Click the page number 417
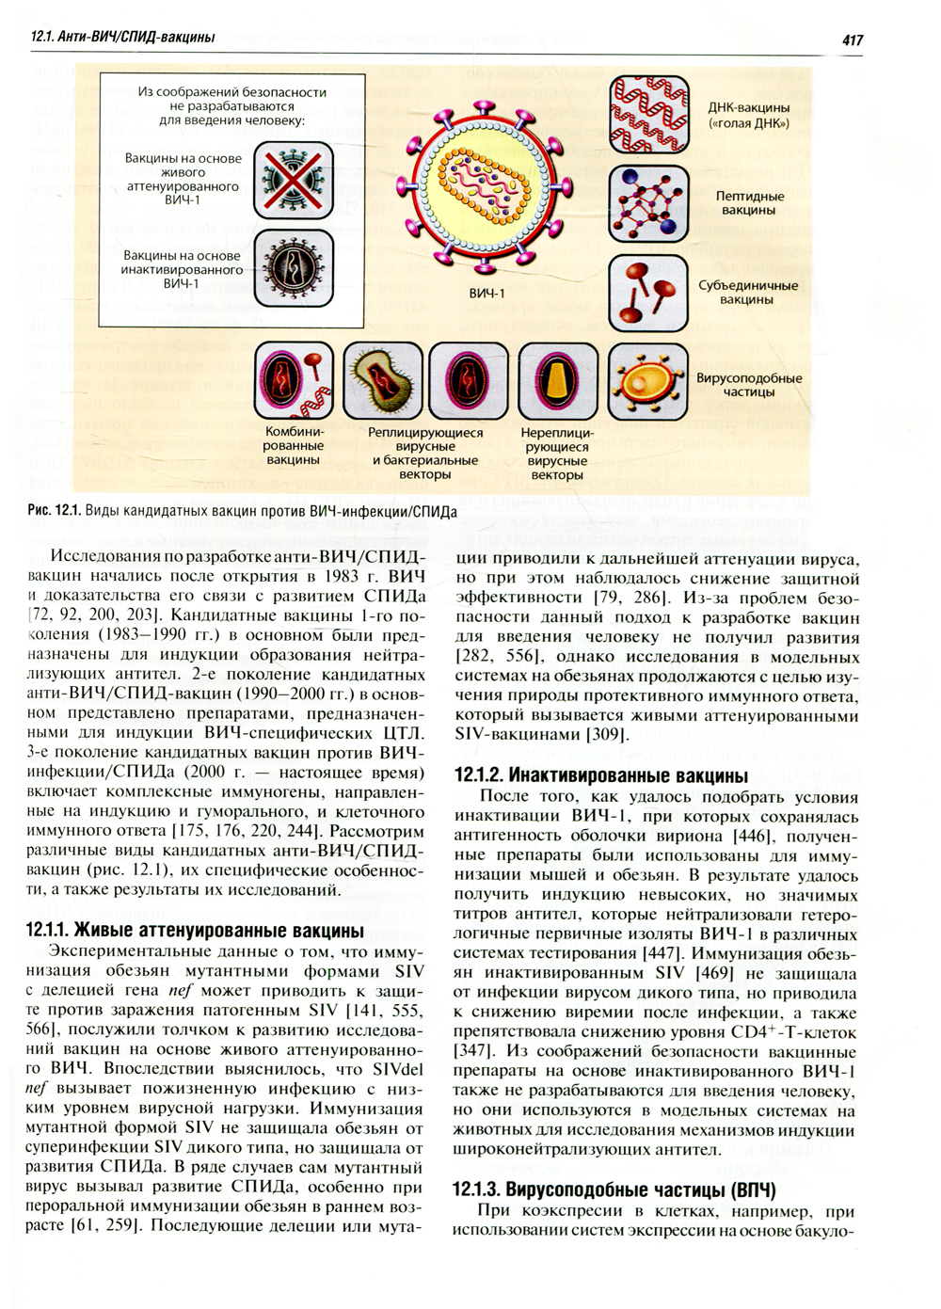852,40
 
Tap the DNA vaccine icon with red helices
648,115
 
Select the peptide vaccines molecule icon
648,203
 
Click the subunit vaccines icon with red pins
648,293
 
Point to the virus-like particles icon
648,381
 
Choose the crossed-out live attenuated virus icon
294,180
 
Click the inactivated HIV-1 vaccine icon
294,269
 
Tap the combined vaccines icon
294,381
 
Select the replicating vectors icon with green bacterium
381,381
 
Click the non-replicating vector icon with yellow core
558,381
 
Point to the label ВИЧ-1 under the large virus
486,294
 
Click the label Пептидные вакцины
749,203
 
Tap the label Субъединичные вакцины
747,293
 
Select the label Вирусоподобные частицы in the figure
749,385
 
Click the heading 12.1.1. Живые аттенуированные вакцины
195,931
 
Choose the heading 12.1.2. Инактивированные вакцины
601,775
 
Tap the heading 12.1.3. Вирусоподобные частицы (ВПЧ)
614,1189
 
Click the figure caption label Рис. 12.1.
54,512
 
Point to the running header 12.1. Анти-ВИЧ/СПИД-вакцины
122,38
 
